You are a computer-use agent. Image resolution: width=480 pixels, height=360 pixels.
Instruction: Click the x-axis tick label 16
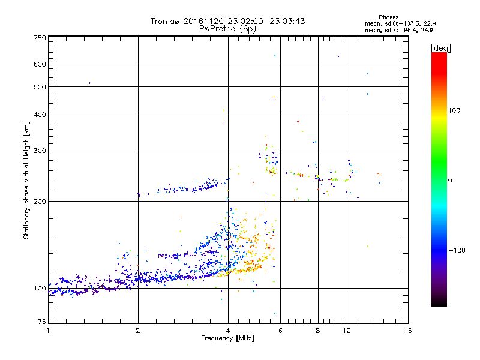(x=407, y=331)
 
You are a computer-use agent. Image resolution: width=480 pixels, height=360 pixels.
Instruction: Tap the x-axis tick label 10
(x=346, y=331)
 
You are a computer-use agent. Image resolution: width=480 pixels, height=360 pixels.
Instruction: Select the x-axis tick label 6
(x=280, y=331)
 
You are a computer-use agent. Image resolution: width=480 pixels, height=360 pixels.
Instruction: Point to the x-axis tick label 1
(x=48, y=331)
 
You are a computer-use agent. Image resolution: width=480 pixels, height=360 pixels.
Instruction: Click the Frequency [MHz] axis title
(x=227, y=338)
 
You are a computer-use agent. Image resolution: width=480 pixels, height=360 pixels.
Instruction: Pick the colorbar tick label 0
(x=450, y=179)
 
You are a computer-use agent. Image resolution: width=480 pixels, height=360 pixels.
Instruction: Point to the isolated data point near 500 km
(x=89, y=83)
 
